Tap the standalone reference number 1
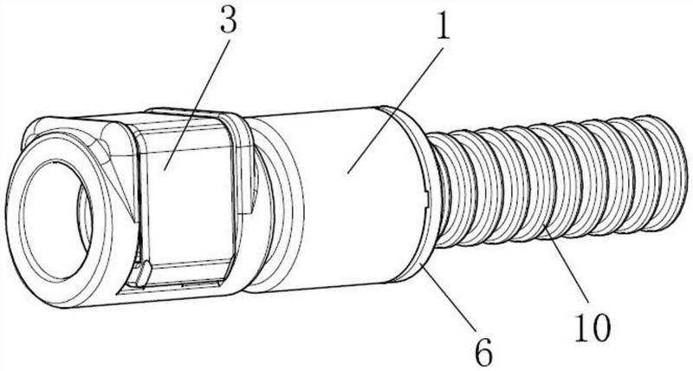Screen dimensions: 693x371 pyautogui.click(x=442, y=26)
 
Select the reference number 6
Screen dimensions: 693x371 pyautogui.click(x=483, y=354)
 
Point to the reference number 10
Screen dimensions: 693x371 pyautogui.click(x=593, y=328)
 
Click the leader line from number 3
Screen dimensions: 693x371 pyautogui.click(x=197, y=104)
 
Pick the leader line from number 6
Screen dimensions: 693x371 pyautogui.click(x=448, y=296)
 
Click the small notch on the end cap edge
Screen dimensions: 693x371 pyautogui.click(x=425, y=198)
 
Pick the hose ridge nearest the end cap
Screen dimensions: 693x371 pyautogui.click(x=441, y=190)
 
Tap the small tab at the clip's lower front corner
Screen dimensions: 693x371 pyautogui.click(x=142, y=273)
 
